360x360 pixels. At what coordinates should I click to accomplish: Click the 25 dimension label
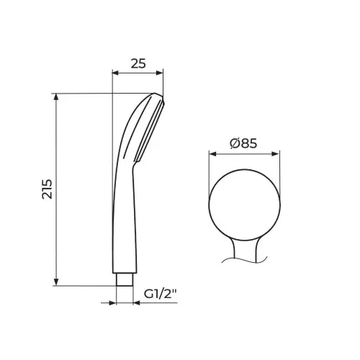(x=138, y=63)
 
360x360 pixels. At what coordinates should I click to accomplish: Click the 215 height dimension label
(x=47, y=189)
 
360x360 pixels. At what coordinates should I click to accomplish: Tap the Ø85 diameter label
(x=243, y=143)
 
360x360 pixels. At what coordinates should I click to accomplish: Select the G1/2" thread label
(x=160, y=294)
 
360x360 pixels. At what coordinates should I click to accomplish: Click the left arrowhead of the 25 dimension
(x=116, y=73)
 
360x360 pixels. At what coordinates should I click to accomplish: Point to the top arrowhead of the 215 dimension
(x=56, y=96)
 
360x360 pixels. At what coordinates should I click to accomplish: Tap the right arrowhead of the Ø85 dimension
(x=276, y=154)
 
